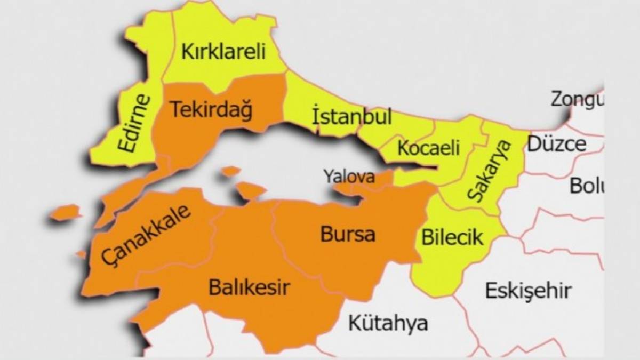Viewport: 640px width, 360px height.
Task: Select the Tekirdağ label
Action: (x=211, y=110)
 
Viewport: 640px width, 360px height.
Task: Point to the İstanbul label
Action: (x=351, y=116)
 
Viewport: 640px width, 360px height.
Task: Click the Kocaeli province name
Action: (x=428, y=148)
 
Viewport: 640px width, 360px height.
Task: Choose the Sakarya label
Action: (x=489, y=171)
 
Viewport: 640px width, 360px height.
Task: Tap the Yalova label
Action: (x=350, y=176)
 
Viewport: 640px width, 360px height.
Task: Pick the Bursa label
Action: (x=348, y=234)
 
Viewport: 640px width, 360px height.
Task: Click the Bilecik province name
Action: (x=452, y=237)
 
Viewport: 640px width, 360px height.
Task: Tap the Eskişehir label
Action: (x=528, y=291)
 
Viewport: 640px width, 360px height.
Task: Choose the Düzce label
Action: (x=557, y=144)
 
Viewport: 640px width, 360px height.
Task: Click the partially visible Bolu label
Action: (x=586, y=186)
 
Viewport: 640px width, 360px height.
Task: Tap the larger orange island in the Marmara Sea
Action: (x=250, y=190)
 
